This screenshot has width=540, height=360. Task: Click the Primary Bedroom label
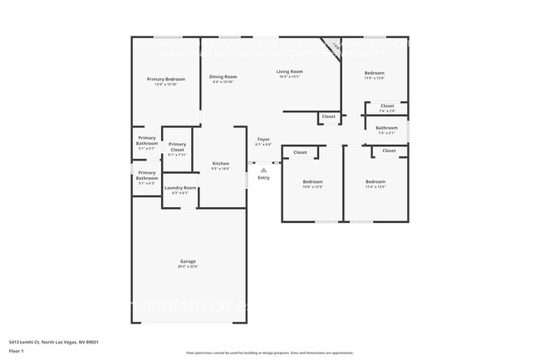click(x=166, y=79)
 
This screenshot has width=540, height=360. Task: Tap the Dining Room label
click(x=223, y=76)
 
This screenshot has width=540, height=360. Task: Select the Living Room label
click(x=289, y=72)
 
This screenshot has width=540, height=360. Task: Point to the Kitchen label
click(x=220, y=164)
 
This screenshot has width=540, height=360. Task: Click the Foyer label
click(x=263, y=140)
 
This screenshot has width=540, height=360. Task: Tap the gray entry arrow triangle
click(x=263, y=170)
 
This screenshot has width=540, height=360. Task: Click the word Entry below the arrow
click(x=263, y=178)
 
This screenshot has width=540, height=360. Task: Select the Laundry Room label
click(x=179, y=189)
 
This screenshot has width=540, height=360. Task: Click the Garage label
click(x=188, y=261)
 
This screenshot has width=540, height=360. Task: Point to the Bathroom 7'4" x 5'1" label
click(x=387, y=128)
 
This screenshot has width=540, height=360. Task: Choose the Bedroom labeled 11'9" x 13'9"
click(x=375, y=73)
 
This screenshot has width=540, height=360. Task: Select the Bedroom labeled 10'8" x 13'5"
click(x=312, y=182)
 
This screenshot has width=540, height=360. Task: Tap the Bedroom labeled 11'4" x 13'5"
click(x=376, y=182)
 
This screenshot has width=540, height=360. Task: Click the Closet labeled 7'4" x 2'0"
click(x=387, y=106)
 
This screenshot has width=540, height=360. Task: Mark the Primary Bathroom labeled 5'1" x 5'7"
click(x=147, y=140)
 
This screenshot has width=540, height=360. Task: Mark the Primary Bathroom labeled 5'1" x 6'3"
click(x=147, y=175)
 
